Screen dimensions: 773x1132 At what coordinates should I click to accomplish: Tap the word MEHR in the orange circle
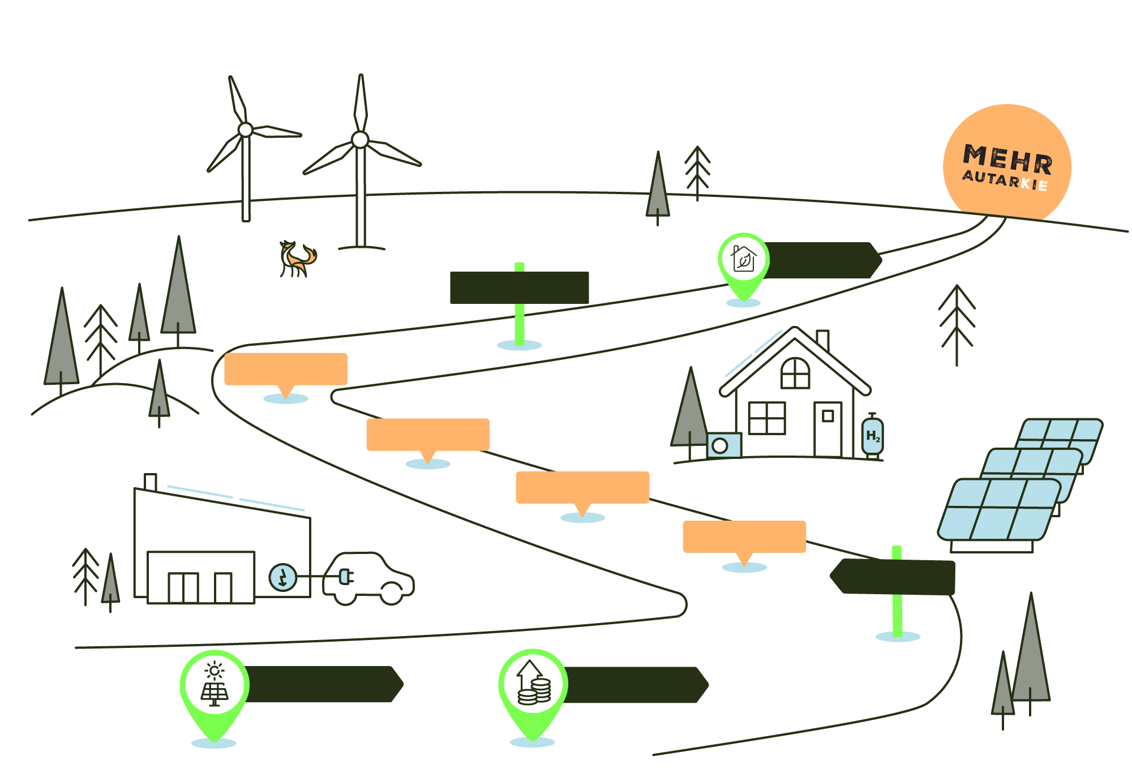pyautogui.click(x=1007, y=159)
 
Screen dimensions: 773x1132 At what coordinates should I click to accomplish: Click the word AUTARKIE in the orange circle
pyautogui.click(x=1005, y=181)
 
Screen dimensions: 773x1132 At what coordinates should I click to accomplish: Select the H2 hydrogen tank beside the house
pyautogui.click(x=872, y=436)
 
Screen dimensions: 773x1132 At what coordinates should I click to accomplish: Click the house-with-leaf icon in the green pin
pyautogui.click(x=743, y=259)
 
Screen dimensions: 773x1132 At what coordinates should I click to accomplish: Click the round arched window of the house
pyautogui.click(x=795, y=373)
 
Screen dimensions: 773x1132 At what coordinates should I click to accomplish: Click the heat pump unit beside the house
pyautogui.click(x=724, y=445)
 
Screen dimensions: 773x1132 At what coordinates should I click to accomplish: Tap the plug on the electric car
pyautogui.click(x=346, y=577)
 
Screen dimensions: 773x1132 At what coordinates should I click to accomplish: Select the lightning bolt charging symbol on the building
pyautogui.click(x=283, y=577)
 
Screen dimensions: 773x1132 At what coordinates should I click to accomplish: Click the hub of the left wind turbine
pyautogui.click(x=245, y=130)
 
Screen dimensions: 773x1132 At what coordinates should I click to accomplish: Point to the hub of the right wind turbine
pyautogui.click(x=360, y=139)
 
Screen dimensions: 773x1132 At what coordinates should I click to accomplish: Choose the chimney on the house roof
pyautogui.click(x=822, y=340)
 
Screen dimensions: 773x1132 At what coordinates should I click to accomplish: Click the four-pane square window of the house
pyautogui.click(x=766, y=418)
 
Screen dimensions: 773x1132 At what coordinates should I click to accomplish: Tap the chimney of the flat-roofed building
pyautogui.click(x=150, y=482)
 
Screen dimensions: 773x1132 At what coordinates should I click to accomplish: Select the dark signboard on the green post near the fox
pyautogui.click(x=519, y=287)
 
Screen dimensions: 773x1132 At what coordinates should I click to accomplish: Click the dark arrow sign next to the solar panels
pyautogui.click(x=894, y=577)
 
